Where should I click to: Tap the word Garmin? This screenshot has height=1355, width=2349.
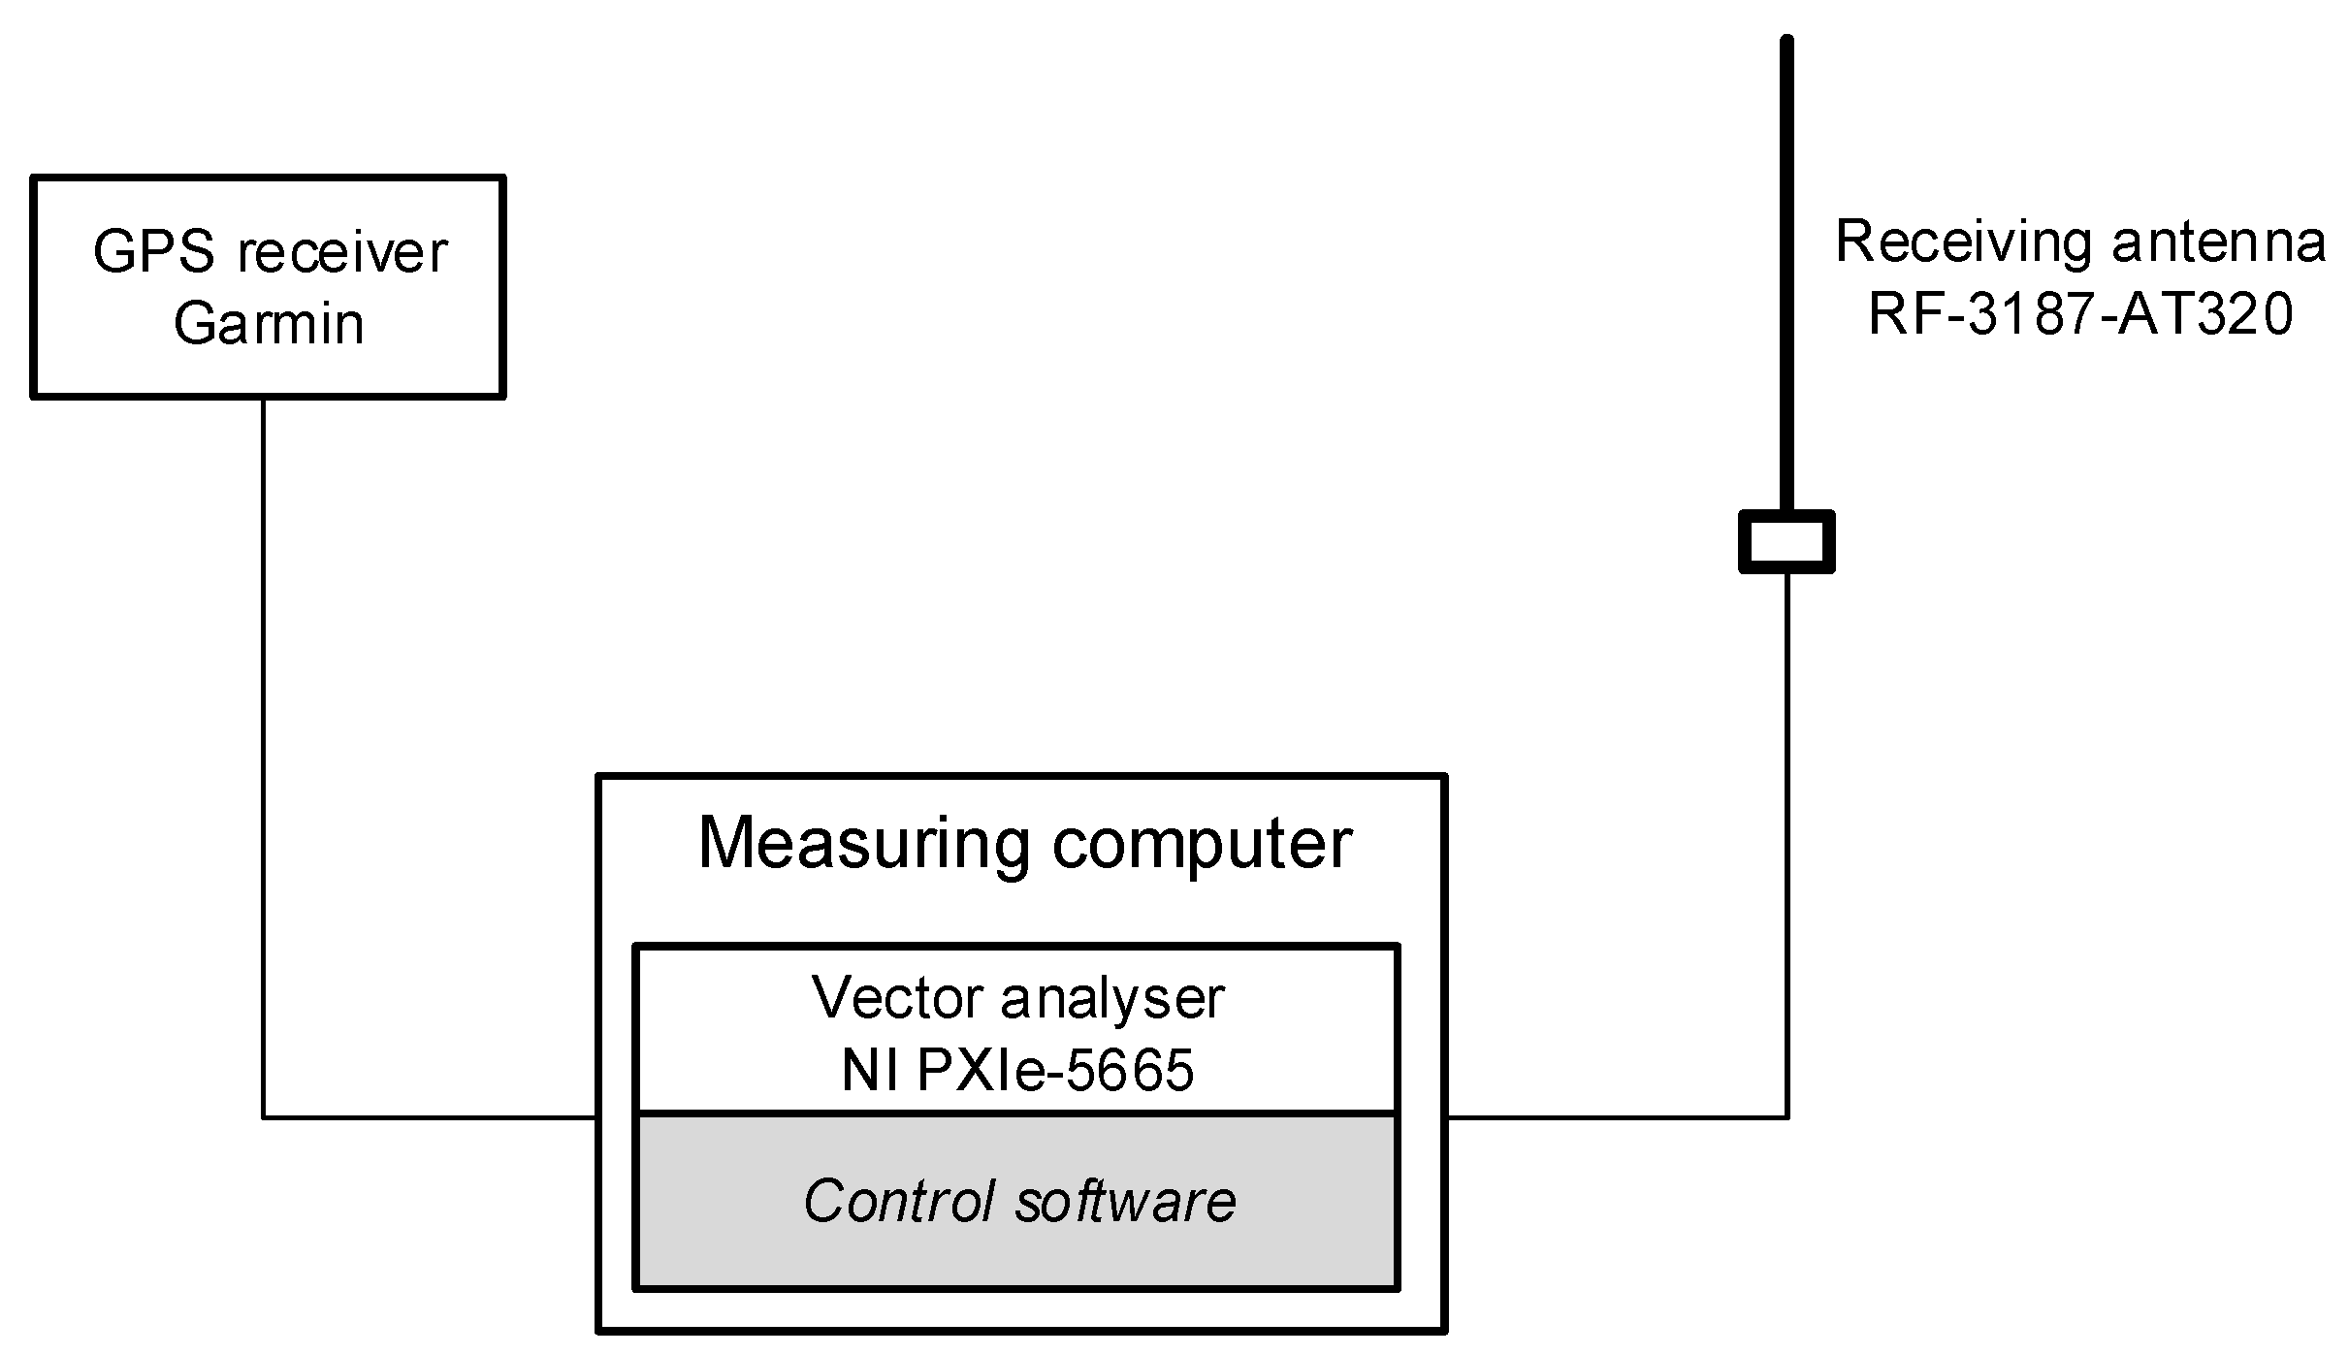[x=269, y=323]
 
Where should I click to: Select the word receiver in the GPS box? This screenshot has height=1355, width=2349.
[x=342, y=252]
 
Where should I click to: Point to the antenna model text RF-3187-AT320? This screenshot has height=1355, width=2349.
[x=2080, y=314]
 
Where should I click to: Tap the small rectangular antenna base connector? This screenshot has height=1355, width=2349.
[x=1786, y=541]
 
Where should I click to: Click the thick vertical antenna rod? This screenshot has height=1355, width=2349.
[x=1786, y=272]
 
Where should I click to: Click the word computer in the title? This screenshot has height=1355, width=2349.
[x=1202, y=844]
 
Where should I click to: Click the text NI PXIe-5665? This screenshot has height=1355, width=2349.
[x=1018, y=1071]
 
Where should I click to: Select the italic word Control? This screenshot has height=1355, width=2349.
[x=899, y=1201]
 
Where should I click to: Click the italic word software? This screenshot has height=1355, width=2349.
[x=1125, y=1201]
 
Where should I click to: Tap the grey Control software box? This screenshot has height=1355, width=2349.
[x=1016, y=1251]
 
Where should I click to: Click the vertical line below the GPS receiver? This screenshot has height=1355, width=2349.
[x=263, y=757]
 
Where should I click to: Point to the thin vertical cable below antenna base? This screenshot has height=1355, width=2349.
[x=1786, y=844]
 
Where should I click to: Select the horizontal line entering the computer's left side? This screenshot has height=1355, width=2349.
[x=427, y=1117]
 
